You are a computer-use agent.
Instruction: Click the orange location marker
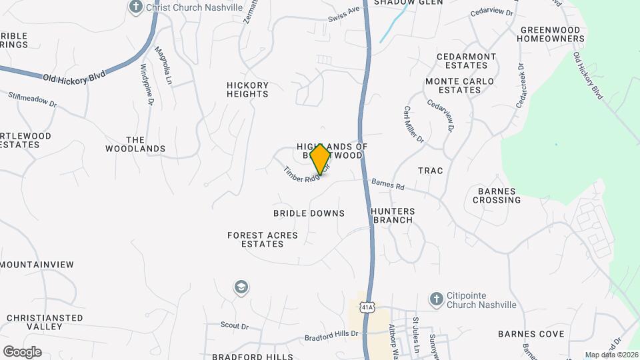320,159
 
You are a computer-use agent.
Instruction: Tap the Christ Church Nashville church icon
136,7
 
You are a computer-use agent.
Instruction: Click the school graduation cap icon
241,287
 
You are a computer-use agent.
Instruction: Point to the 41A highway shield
366,307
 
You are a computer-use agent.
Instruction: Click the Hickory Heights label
247,89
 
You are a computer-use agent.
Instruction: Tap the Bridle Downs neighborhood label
309,213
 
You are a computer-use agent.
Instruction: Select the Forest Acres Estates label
255,239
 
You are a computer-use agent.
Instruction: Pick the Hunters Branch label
393,215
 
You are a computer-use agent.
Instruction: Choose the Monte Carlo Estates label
460,85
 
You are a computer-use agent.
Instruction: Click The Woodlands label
135,144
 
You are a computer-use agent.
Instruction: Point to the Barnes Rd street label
388,185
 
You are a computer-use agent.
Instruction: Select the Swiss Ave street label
344,14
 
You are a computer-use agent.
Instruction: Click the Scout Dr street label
235,326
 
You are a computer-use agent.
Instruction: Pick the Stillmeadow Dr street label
33,100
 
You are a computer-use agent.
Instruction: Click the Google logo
22,351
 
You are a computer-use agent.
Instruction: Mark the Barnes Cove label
531,334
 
